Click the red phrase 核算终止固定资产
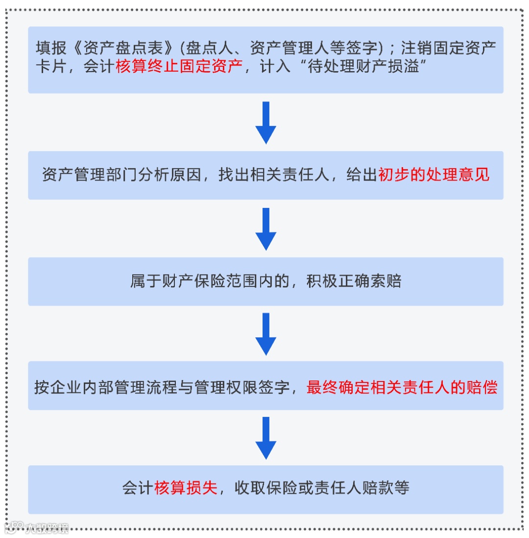(179, 67)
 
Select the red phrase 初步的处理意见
(434, 175)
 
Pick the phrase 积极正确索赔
(354, 282)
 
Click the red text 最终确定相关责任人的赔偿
(402, 387)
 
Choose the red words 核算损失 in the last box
(186, 488)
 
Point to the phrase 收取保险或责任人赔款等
(322, 488)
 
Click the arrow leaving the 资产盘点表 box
(266, 122)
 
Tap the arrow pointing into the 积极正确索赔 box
(266, 229)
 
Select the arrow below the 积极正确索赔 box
(266, 333)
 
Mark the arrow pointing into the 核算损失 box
(266, 437)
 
